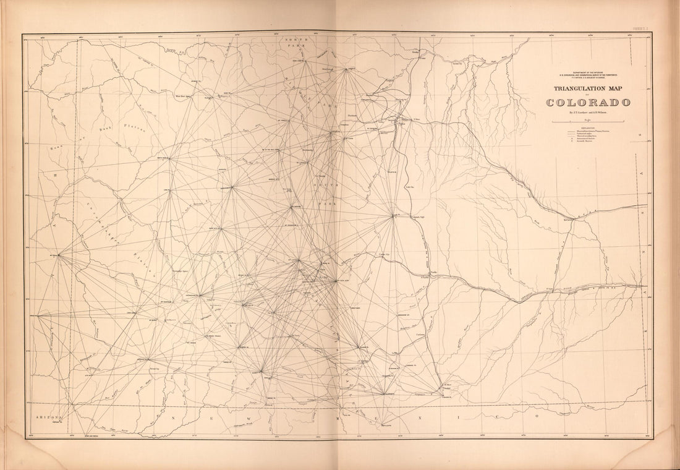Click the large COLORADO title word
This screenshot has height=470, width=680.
(x=588, y=102)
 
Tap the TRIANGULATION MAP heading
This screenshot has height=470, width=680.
(x=588, y=88)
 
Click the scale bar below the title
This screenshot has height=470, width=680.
(x=588, y=121)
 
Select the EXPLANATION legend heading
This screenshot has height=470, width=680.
(x=588, y=128)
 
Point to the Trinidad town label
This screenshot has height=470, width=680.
(x=450, y=387)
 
